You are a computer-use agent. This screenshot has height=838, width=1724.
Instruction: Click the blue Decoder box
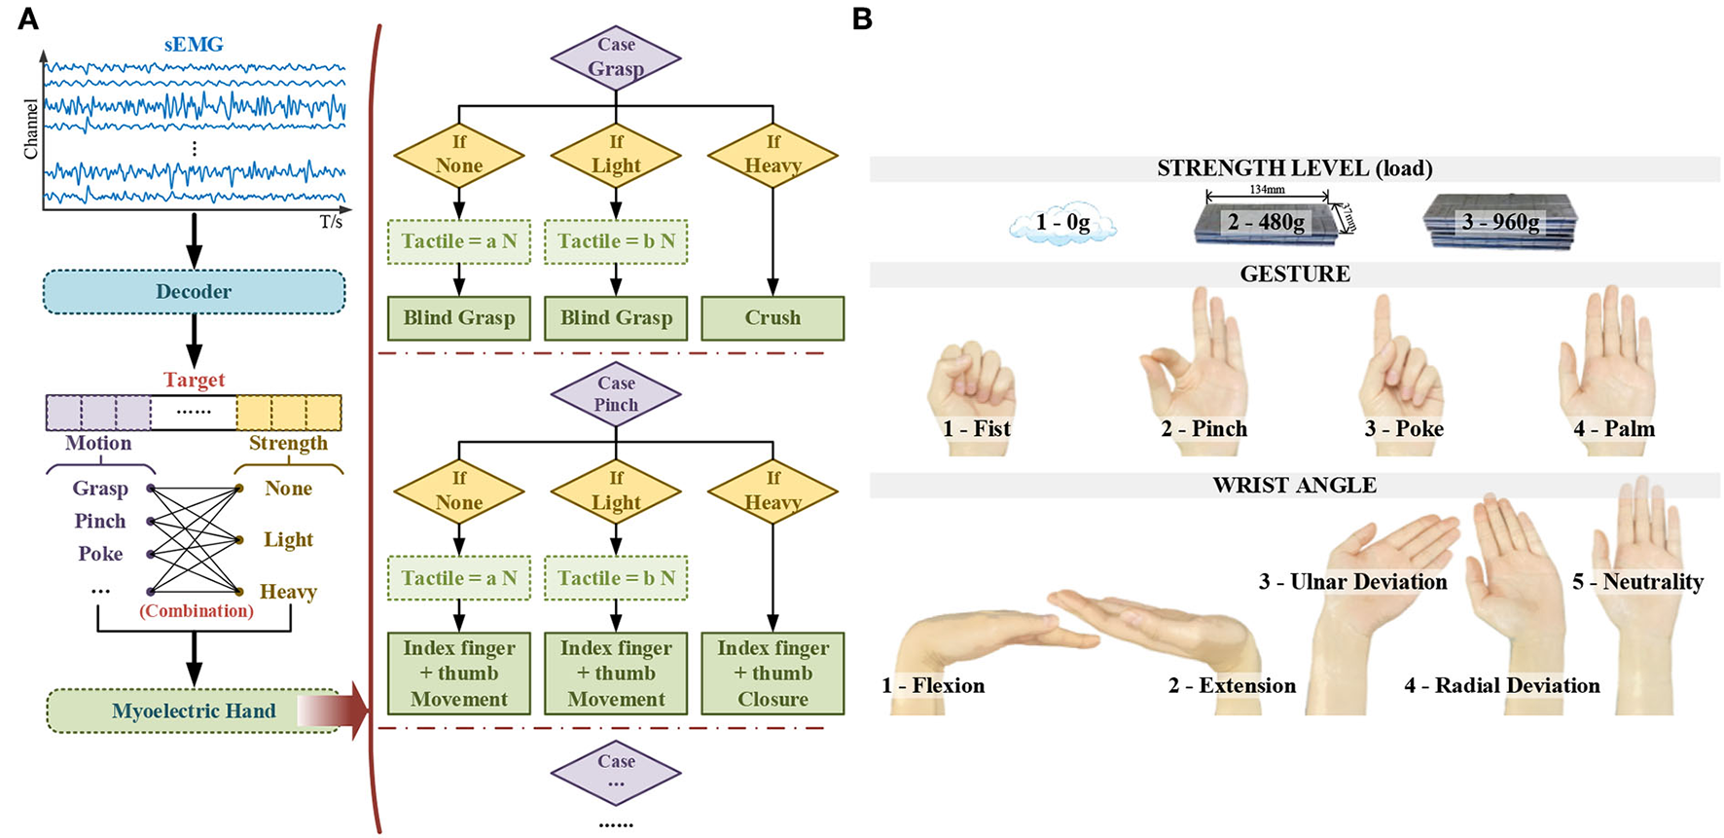point(194,291)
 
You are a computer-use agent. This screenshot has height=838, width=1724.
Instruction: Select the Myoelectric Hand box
point(194,710)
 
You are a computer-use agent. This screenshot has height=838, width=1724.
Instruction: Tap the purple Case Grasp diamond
point(616,57)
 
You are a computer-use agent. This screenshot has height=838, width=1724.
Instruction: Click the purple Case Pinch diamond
point(616,394)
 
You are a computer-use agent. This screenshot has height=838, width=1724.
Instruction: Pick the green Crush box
point(772,318)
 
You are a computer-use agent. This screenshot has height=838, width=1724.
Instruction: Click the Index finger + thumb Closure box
point(772,674)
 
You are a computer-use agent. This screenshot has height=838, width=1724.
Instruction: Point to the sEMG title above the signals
point(194,45)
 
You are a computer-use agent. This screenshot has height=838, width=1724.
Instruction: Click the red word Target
point(194,380)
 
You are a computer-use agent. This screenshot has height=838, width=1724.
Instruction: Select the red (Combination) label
point(196,611)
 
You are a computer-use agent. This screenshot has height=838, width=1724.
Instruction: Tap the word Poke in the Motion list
point(100,554)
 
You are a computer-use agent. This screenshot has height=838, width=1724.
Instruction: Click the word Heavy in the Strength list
point(288,592)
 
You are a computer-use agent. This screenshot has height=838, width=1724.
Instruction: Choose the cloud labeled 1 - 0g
point(1062,223)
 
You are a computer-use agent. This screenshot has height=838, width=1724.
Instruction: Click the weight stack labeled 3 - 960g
point(1499,223)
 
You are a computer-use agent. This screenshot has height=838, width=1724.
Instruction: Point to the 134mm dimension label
point(1267,190)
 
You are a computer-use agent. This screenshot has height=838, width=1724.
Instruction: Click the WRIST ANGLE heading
point(1294,486)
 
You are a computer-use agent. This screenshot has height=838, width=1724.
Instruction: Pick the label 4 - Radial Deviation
point(1501,686)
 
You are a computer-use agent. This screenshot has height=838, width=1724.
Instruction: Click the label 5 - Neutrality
point(1637,582)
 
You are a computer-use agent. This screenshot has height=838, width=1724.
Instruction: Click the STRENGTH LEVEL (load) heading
point(1294,168)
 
